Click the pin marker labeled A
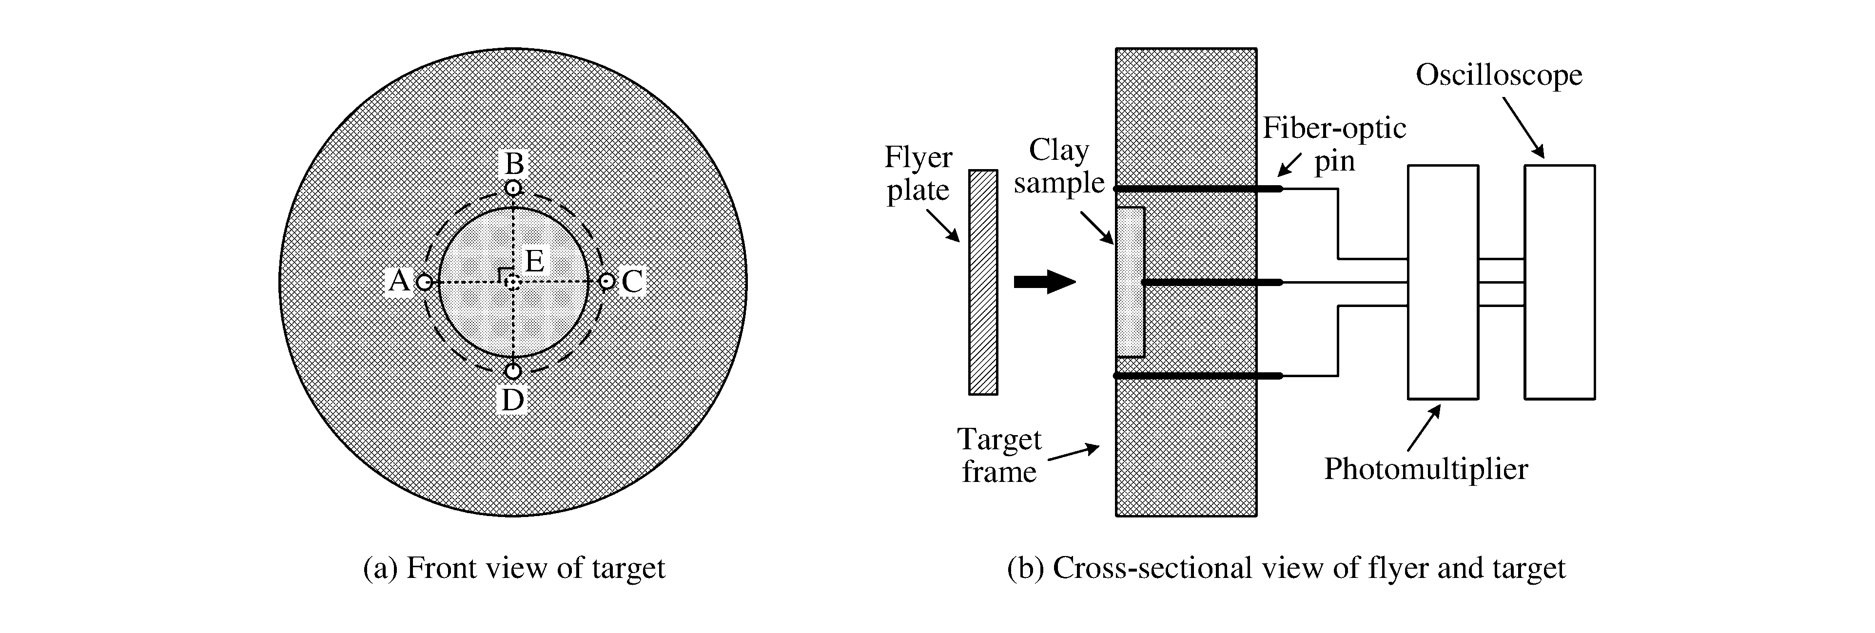point(424,282)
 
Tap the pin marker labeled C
point(606,281)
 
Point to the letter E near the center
point(534,261)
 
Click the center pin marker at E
point(513,282)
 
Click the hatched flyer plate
point(983,282)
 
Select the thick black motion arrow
point(1044,282)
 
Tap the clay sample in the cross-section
point(1130,282)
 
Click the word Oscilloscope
point(1499,75)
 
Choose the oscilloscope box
point(1559,282)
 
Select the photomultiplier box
point(1443,282)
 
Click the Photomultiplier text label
point(1425,469)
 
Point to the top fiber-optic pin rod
point(1197,189)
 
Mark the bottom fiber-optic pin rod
point(1197,375)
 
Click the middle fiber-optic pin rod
point(1212,282)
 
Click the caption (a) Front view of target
point(514,568)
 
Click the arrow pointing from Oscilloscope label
point(1523,127)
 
